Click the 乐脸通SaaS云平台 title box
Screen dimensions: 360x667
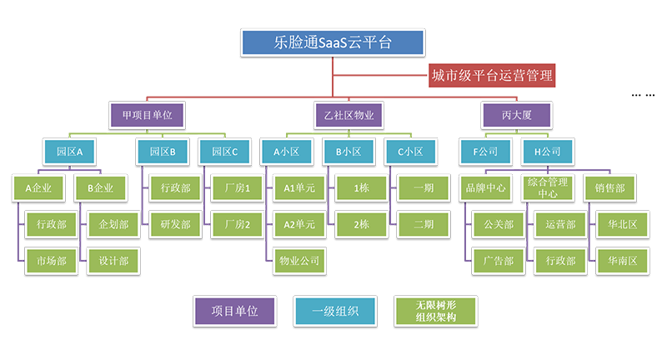click(333, 42)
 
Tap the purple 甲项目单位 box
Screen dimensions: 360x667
click(147, 115)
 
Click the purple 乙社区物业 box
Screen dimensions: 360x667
click(349, 115)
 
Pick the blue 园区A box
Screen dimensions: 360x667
click(70, 152)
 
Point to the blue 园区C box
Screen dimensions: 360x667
click(225, 152)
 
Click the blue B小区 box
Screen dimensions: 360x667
click(349, 152)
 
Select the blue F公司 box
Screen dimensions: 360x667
click(480, 152)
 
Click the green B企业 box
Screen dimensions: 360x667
click(100, 187)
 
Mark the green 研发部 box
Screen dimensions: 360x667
click(169, 224)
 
